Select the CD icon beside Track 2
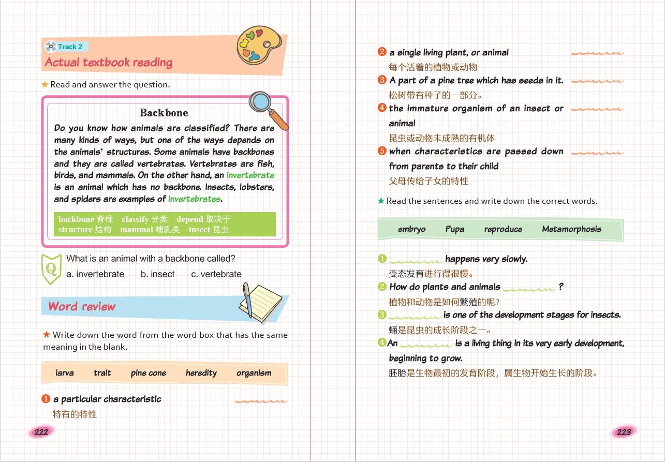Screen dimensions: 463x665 (50, 47)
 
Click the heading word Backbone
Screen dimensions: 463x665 (164, 113)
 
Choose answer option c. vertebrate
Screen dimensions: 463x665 (216, 274)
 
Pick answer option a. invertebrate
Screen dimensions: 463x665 (95, 274)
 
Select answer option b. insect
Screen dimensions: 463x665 (157, 274)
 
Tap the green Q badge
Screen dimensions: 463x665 (51, 268)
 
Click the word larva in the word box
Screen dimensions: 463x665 (65, 373)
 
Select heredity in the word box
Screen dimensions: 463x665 (201, 373)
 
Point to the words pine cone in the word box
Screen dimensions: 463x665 (149, 373)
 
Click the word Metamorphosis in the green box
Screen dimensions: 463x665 (571, 229)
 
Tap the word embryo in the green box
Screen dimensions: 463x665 (412, 229)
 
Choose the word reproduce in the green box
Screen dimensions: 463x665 (503, 229)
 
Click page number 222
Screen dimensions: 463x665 (41, 432)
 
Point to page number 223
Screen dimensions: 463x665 (624, 432)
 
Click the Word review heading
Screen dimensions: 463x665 (82, 306)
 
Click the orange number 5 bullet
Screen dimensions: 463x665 (382, 151)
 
